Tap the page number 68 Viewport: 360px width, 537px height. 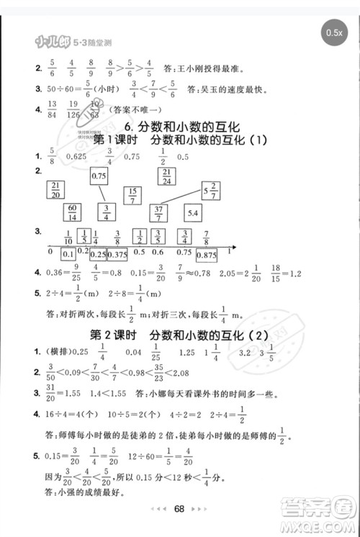coord(180,509)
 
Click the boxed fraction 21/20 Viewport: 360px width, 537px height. coord(55,189)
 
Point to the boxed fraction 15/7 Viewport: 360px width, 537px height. coord(132,195)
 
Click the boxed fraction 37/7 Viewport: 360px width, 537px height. coord(158,213)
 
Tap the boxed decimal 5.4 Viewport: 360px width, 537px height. coord(194,213)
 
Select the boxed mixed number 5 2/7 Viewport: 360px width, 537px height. coord(210,190)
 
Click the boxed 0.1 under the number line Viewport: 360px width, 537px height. coord(68,254)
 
